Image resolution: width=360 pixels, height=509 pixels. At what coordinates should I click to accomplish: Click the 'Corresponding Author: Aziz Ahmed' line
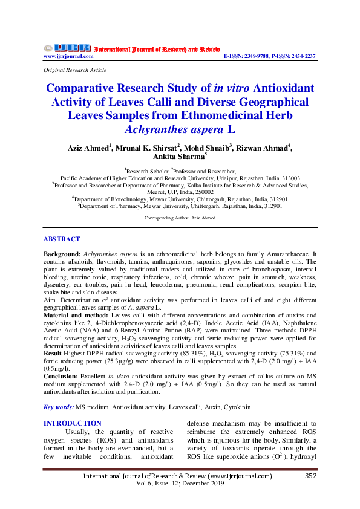coord(180,217)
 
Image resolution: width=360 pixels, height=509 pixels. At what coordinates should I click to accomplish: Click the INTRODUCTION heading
coord(73,423)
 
